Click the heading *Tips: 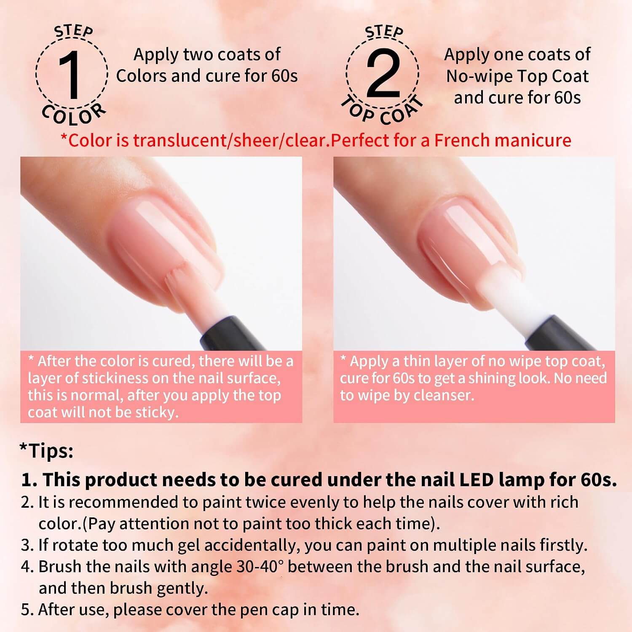tap(46, 451)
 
